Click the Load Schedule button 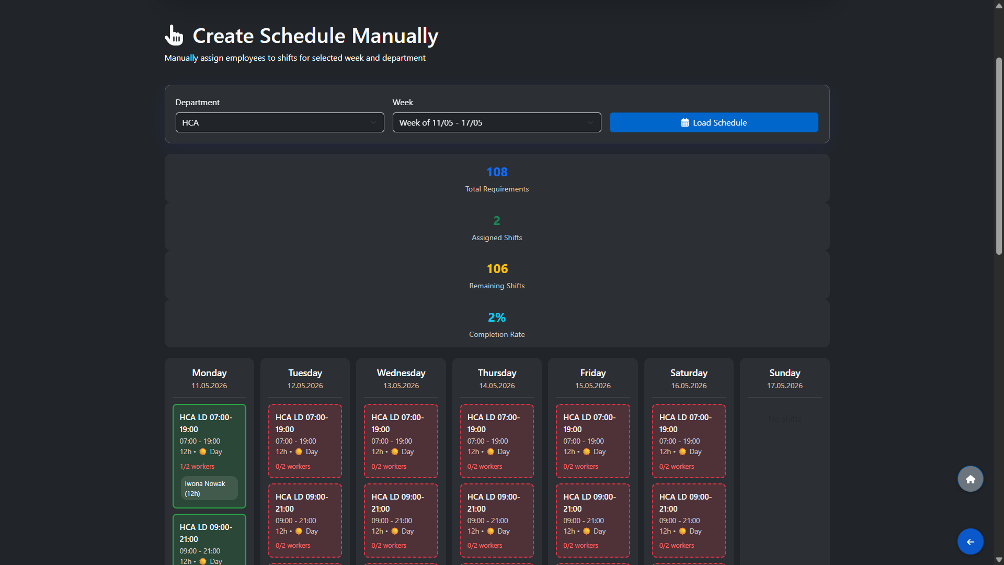(713, 122)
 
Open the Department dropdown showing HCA (279, 122)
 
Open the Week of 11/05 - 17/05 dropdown (496, 122)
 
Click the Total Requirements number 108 (497, 172)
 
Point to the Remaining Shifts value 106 (497, 269)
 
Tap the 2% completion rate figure (497, 318)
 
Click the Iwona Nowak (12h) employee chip (209, 488)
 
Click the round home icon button (970, 479)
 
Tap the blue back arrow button (970, 542)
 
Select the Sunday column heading (784, 373)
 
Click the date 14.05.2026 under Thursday (497, 386)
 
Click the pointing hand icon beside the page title (174, 36)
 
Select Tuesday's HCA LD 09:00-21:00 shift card (305, 520)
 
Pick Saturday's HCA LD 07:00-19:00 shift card (688, 440)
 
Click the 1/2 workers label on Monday (197, 467)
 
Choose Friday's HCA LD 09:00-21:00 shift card (592, 520)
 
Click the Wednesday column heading (401, 373)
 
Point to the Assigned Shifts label (497, 238)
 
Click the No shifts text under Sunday (784, 419)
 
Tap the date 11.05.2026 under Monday (209, 386)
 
